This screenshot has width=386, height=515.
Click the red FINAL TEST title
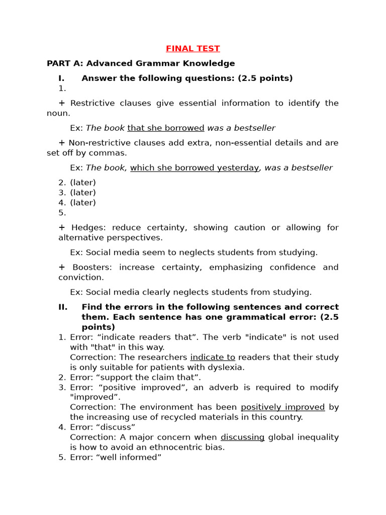pos(193,49)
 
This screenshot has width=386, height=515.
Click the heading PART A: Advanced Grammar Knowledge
pos(141,63)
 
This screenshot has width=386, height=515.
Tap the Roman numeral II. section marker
pos(63,307)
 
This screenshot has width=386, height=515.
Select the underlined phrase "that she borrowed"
pos(166,128)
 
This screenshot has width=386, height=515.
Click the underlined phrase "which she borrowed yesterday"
pos(195,167)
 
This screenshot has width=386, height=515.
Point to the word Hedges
pos(88,227)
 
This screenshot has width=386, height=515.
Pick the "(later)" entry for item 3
pos(83,193)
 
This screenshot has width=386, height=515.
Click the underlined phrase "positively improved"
pos(283,407)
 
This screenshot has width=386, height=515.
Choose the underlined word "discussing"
pos(242,437)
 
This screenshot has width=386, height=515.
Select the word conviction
pos(80,277)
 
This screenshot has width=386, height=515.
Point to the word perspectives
pos(136,237)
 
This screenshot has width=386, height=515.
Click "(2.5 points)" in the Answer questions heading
pos(265,78)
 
